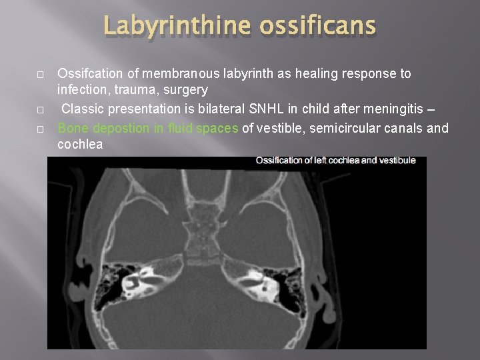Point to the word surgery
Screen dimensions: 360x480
point(184,89)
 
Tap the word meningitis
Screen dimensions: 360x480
point(383,108)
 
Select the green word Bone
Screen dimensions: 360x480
point(73,127)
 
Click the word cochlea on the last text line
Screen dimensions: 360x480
point(80,143)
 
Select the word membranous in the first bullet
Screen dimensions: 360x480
point(177,73)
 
